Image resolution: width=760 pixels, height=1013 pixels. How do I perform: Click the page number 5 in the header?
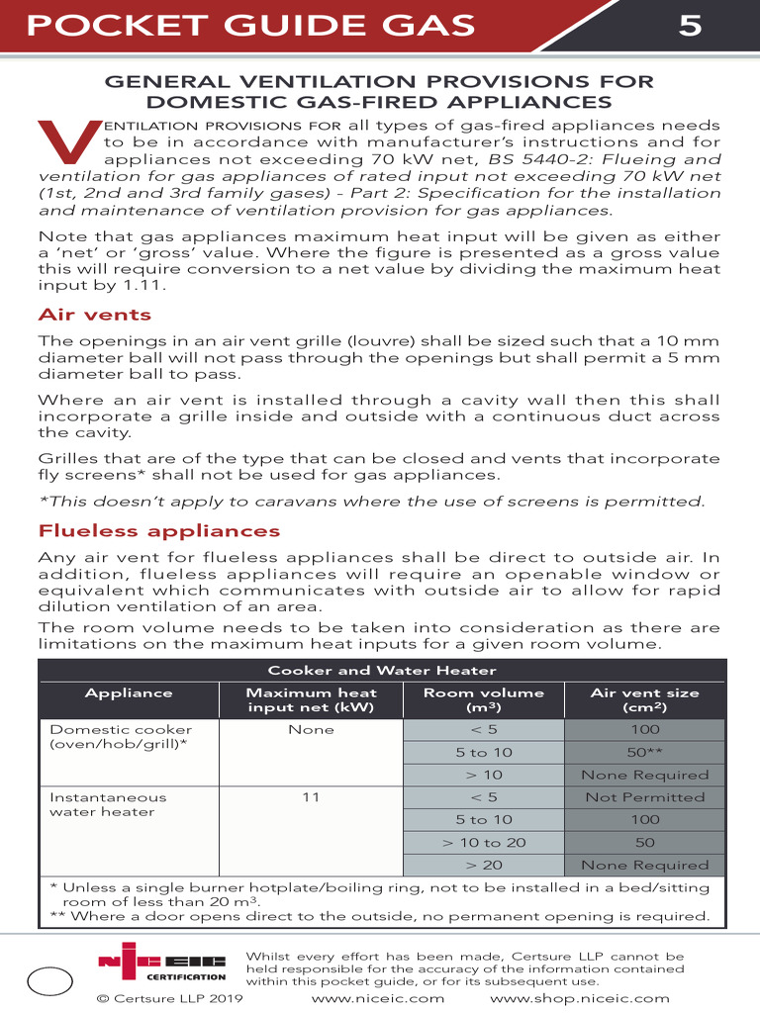691,25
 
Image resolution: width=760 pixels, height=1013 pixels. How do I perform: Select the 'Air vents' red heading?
94,315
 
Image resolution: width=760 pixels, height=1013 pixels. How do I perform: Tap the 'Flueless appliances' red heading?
158,531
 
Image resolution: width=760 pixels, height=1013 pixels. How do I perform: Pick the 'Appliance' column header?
129,693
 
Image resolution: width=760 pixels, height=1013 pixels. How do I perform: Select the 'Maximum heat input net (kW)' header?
311,700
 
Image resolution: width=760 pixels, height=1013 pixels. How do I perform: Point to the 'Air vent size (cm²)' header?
644,700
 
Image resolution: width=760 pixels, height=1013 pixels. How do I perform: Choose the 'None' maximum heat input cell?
311,730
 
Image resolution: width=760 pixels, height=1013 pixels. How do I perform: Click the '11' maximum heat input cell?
311,797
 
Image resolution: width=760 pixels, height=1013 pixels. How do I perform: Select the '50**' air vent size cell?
644,753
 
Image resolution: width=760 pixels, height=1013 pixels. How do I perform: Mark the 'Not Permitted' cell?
644,797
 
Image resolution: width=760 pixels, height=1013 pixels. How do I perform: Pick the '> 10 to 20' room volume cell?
484,843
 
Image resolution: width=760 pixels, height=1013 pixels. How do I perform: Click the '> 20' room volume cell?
484,865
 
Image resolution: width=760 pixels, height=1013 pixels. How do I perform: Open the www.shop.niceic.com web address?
580,999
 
